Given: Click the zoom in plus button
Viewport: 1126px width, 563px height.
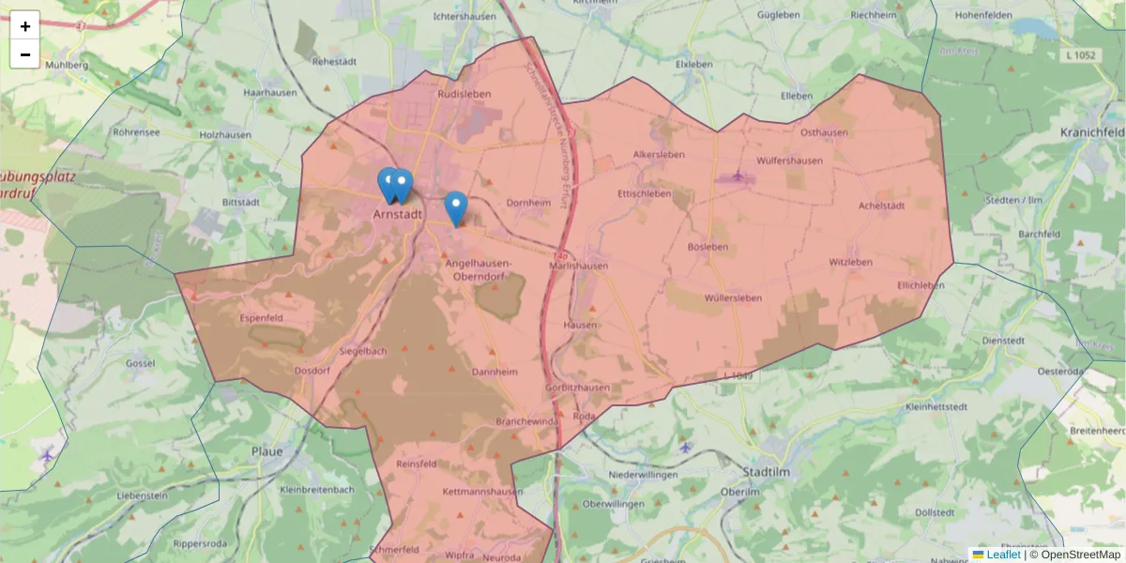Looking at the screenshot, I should click(25, 26).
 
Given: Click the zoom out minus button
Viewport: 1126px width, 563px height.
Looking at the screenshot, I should click(25, 54).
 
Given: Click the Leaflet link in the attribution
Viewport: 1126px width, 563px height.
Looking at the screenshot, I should click(1003, 555).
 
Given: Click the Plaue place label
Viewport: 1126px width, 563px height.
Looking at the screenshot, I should click(266, 451).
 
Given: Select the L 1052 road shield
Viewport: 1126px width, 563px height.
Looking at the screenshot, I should click(1080, 56).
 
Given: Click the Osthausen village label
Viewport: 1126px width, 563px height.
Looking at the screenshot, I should click(824, 132).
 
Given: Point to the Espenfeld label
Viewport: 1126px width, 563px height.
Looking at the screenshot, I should click(263, 318).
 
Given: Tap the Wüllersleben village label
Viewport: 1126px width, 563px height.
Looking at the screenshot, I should click(733, 297).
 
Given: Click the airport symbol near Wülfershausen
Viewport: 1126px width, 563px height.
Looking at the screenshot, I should click(738, 175).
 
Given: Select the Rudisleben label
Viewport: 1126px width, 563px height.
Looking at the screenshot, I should click(464, 94).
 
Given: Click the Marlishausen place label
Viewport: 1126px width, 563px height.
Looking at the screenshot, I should click(578, 266).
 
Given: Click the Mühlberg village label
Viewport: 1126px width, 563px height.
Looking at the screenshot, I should click(66, 65).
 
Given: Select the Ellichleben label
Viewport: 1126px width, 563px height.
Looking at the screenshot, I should click(921, 284).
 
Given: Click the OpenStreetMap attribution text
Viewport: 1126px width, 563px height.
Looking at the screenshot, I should click(1074, 555).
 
